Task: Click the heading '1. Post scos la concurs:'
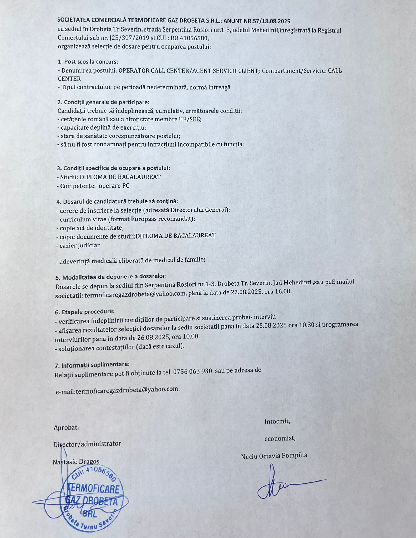(x=88, y=62)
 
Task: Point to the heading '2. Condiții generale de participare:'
(x=103, y=102)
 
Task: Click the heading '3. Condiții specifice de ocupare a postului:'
(x=113, y=168)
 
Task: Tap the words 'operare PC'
(x=114, y=186)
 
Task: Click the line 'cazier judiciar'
(x=80, y=245)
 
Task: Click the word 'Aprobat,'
(x=66, y=428)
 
